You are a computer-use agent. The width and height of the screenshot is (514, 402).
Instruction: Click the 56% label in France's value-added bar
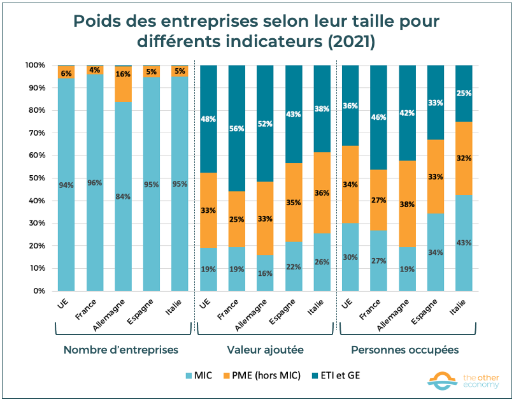[236, 127]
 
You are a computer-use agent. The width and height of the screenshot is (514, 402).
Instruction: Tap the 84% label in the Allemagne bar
[123, 196]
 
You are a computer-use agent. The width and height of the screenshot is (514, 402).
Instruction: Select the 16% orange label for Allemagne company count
[123, 74]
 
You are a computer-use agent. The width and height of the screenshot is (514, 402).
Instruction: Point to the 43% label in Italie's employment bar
[465, 243]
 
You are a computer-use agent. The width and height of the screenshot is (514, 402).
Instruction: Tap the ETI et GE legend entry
[334, 375]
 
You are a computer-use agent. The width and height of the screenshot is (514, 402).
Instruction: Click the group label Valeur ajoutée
[265, 350]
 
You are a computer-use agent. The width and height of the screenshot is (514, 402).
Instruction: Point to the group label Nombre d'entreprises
[121, 350]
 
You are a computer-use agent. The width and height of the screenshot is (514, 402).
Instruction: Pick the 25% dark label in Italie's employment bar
[465, 94]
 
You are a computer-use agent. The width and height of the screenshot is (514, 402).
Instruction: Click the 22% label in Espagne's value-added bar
[293, 266]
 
